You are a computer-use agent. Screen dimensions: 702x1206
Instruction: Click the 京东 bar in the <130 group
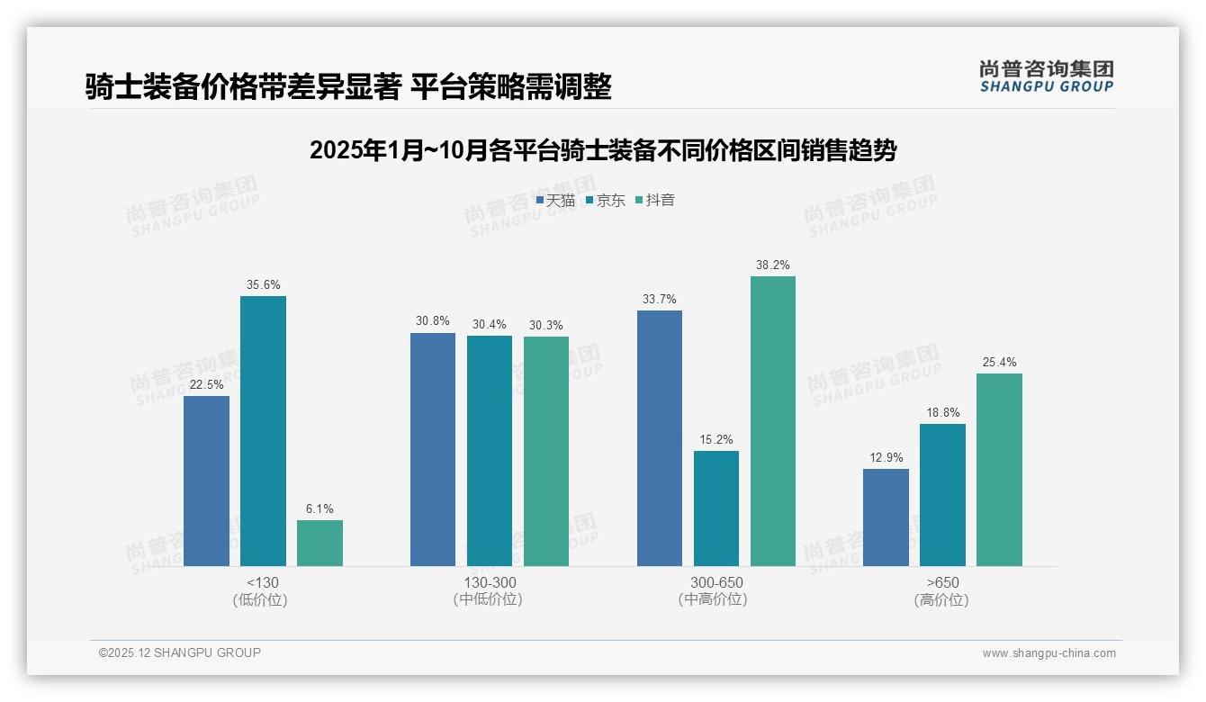(x=263, y=431)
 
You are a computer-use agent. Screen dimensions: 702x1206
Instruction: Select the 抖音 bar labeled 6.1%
(x=319, y=543)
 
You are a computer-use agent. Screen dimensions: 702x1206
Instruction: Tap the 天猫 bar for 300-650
(x=659, y=438)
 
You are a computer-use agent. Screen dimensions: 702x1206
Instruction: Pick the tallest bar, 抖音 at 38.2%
(x=773, y=421)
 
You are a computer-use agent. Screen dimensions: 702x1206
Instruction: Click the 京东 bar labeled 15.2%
(x=716, y=508)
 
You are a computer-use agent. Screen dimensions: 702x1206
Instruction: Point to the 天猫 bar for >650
(x=886, y=517)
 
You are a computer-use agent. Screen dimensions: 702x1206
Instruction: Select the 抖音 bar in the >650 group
(x=999, y=470)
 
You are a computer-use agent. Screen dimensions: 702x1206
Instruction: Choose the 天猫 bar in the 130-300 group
(x=433, y=449)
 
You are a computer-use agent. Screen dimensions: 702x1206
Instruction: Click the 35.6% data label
(x=263, y=285)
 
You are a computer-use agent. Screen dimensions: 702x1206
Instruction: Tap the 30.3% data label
(x=546, y=326)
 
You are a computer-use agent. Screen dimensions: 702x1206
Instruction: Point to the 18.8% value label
(x=942, y=413)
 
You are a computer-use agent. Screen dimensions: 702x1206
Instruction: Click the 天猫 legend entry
(x=555, y=201)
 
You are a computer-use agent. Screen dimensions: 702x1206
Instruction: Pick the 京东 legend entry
(x=606, y=201)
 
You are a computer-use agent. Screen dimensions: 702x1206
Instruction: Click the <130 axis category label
(x=262, y=582)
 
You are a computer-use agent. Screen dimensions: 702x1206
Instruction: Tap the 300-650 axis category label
(x=716, y=582)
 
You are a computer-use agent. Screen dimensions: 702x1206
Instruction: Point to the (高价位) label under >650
(x=941, y=600)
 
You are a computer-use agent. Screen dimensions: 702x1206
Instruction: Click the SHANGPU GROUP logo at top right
(x=1046, y=76)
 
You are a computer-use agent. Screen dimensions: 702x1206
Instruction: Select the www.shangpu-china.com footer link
(x=1048, y=653)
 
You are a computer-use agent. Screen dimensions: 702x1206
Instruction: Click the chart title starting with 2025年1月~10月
(x=602, y=150)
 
